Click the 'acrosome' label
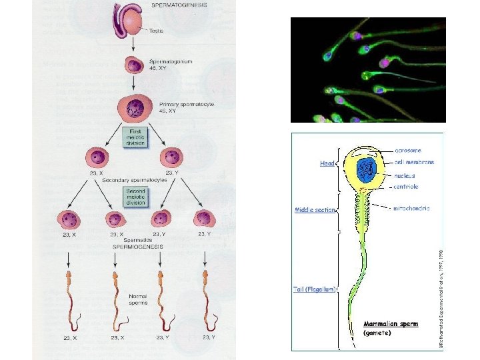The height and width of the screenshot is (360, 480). (x=407, y=151)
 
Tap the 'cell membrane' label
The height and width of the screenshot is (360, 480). (x=414, y=162)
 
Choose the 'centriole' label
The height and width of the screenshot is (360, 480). (x=405, y=186)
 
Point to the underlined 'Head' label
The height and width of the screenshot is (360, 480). (x=328, y=162)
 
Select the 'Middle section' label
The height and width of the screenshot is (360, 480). (x=315, y=210)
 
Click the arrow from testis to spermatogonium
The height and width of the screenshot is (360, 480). (x=134, y=45)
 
